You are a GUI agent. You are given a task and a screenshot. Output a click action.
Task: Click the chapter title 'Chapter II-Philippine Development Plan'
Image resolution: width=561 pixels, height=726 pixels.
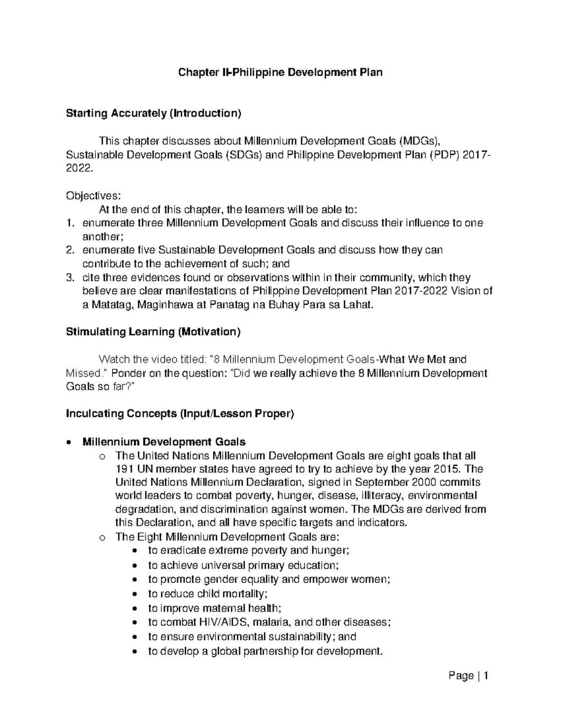coord(280,72)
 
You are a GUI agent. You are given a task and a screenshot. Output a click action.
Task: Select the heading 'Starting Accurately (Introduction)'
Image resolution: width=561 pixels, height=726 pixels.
coord(153,113)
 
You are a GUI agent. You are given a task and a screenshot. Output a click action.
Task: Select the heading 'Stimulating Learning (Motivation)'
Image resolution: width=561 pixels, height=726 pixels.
coord(153,332)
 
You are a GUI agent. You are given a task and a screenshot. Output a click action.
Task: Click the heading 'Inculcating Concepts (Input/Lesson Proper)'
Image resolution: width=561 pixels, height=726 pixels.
coord(180,414)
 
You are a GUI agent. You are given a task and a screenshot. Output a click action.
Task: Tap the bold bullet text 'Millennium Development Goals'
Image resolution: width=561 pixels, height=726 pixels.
coord(164,442)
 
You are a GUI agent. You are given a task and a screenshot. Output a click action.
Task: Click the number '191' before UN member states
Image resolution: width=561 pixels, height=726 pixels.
coord(123,469)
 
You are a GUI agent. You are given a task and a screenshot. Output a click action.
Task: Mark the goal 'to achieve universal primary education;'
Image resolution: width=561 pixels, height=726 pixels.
coord(243,565)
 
